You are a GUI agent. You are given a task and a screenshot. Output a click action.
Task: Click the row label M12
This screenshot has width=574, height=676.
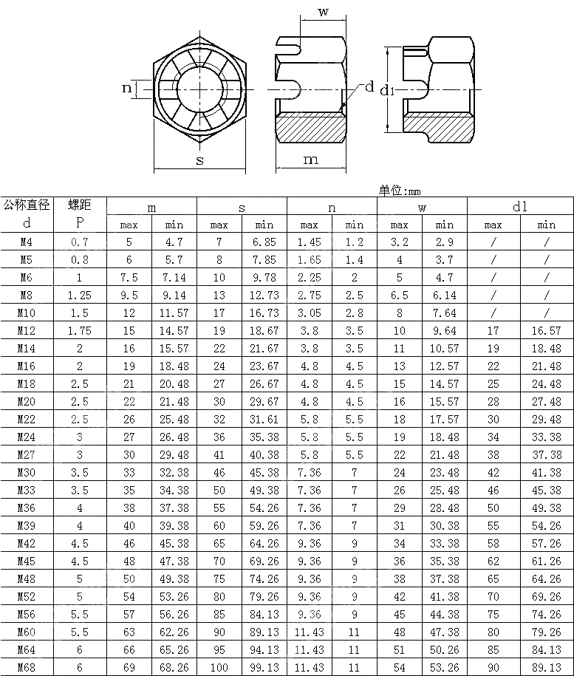click(x=27, y=330)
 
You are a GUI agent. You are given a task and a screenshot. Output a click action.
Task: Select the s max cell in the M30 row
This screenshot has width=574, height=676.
click(x=219, y=472)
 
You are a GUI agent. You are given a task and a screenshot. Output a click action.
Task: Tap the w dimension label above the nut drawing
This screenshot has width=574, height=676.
click(x=323, y=11)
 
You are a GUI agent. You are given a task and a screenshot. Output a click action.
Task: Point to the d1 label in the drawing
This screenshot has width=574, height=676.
click(x=389, y=89)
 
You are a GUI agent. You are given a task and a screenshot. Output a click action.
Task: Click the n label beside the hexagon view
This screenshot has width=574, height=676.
click(x=126, y=89)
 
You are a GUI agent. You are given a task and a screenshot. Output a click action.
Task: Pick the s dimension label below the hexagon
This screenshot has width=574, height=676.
click(x=199, y=161)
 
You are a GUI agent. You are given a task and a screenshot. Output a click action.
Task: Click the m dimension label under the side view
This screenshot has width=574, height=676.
click(x=311, y=160)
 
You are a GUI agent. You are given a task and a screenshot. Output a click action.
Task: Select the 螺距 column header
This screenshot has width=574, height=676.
click(x=79, y=205)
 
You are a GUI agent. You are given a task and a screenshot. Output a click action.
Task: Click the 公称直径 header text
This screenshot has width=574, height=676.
click(x=27, y=205)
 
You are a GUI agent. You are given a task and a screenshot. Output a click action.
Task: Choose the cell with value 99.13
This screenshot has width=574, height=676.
click(x=264, y=667)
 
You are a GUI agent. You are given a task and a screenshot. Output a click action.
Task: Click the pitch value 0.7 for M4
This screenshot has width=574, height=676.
click(x=79, y=242)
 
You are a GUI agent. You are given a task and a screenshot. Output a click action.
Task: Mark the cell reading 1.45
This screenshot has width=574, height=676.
click(x=309, y=242)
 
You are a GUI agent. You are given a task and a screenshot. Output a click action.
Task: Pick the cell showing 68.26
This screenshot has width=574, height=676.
click(x=174, y=667)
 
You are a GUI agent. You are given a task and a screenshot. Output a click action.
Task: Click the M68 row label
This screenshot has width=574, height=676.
click(x=27, y=667)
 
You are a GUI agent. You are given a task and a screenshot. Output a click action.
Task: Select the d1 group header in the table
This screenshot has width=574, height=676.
click(x=520, y=207)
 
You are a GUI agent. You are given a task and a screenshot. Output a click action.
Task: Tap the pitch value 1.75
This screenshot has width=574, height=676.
click(x=79, y=330)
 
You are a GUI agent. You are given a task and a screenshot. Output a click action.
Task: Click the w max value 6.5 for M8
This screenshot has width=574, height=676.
click(x=399, y=295)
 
